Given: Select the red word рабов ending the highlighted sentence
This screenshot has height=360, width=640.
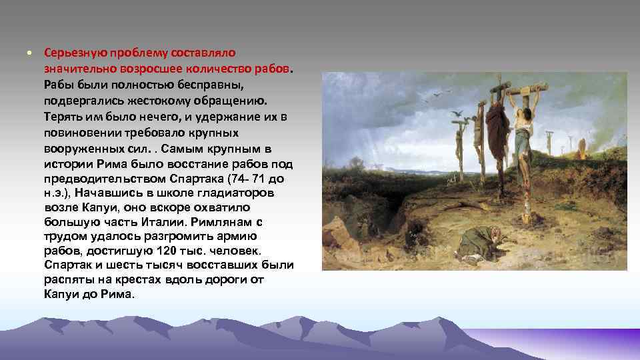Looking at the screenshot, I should point(273,69).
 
